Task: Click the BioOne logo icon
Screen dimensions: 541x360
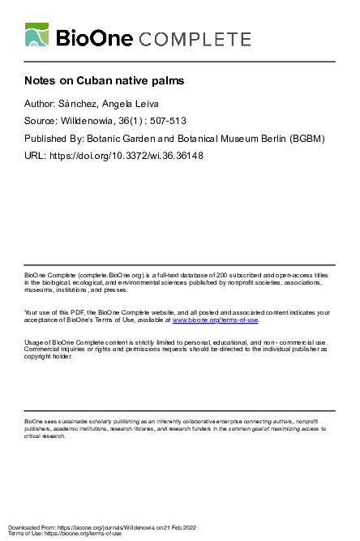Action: (37, 36)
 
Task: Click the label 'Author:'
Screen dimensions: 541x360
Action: (42, 105)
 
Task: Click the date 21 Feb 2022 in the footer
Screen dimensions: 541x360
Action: (191, 527)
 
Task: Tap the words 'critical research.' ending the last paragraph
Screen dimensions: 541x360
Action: (45, 436)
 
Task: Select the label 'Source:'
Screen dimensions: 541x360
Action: (43, 122)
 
